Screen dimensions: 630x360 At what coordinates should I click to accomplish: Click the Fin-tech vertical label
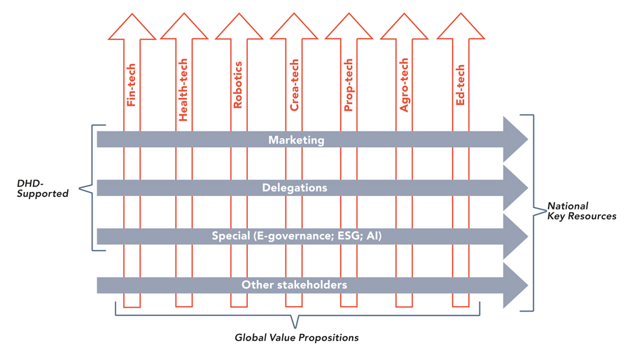tap(132, 85)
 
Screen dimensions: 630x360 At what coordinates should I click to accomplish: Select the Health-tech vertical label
tap(183, 90)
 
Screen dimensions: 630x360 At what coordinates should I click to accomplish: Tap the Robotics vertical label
tap(238, 85)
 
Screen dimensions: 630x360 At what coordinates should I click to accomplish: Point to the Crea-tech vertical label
tap(294, 85)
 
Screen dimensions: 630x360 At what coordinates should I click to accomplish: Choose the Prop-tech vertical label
tap(349, 85)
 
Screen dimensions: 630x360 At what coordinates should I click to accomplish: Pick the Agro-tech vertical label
tap(404, 85)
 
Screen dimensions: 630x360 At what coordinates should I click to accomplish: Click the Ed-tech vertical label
tap(461, 85)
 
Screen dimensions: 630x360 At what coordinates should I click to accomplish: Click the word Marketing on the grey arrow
tap(296, 140)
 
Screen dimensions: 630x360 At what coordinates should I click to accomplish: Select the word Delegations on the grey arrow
tap(295, 188)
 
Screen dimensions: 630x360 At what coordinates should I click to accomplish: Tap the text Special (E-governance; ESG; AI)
tap(297, 236)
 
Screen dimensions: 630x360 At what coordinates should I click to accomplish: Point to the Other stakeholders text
tap(294, 285)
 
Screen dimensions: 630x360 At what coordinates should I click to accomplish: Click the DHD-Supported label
tap(43, 188)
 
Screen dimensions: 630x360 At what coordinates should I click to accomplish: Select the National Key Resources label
tap(582, 211)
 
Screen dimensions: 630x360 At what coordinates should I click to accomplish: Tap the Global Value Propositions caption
tap(297, 338)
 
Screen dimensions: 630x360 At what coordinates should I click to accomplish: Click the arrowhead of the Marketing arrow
tap(515, 139)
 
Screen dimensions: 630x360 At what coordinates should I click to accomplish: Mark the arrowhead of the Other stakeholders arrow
tap(515, 285)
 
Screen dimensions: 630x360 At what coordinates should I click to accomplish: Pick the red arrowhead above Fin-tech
tap(132, 27)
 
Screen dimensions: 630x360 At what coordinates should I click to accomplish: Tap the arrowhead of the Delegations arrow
tap(515, 188)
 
